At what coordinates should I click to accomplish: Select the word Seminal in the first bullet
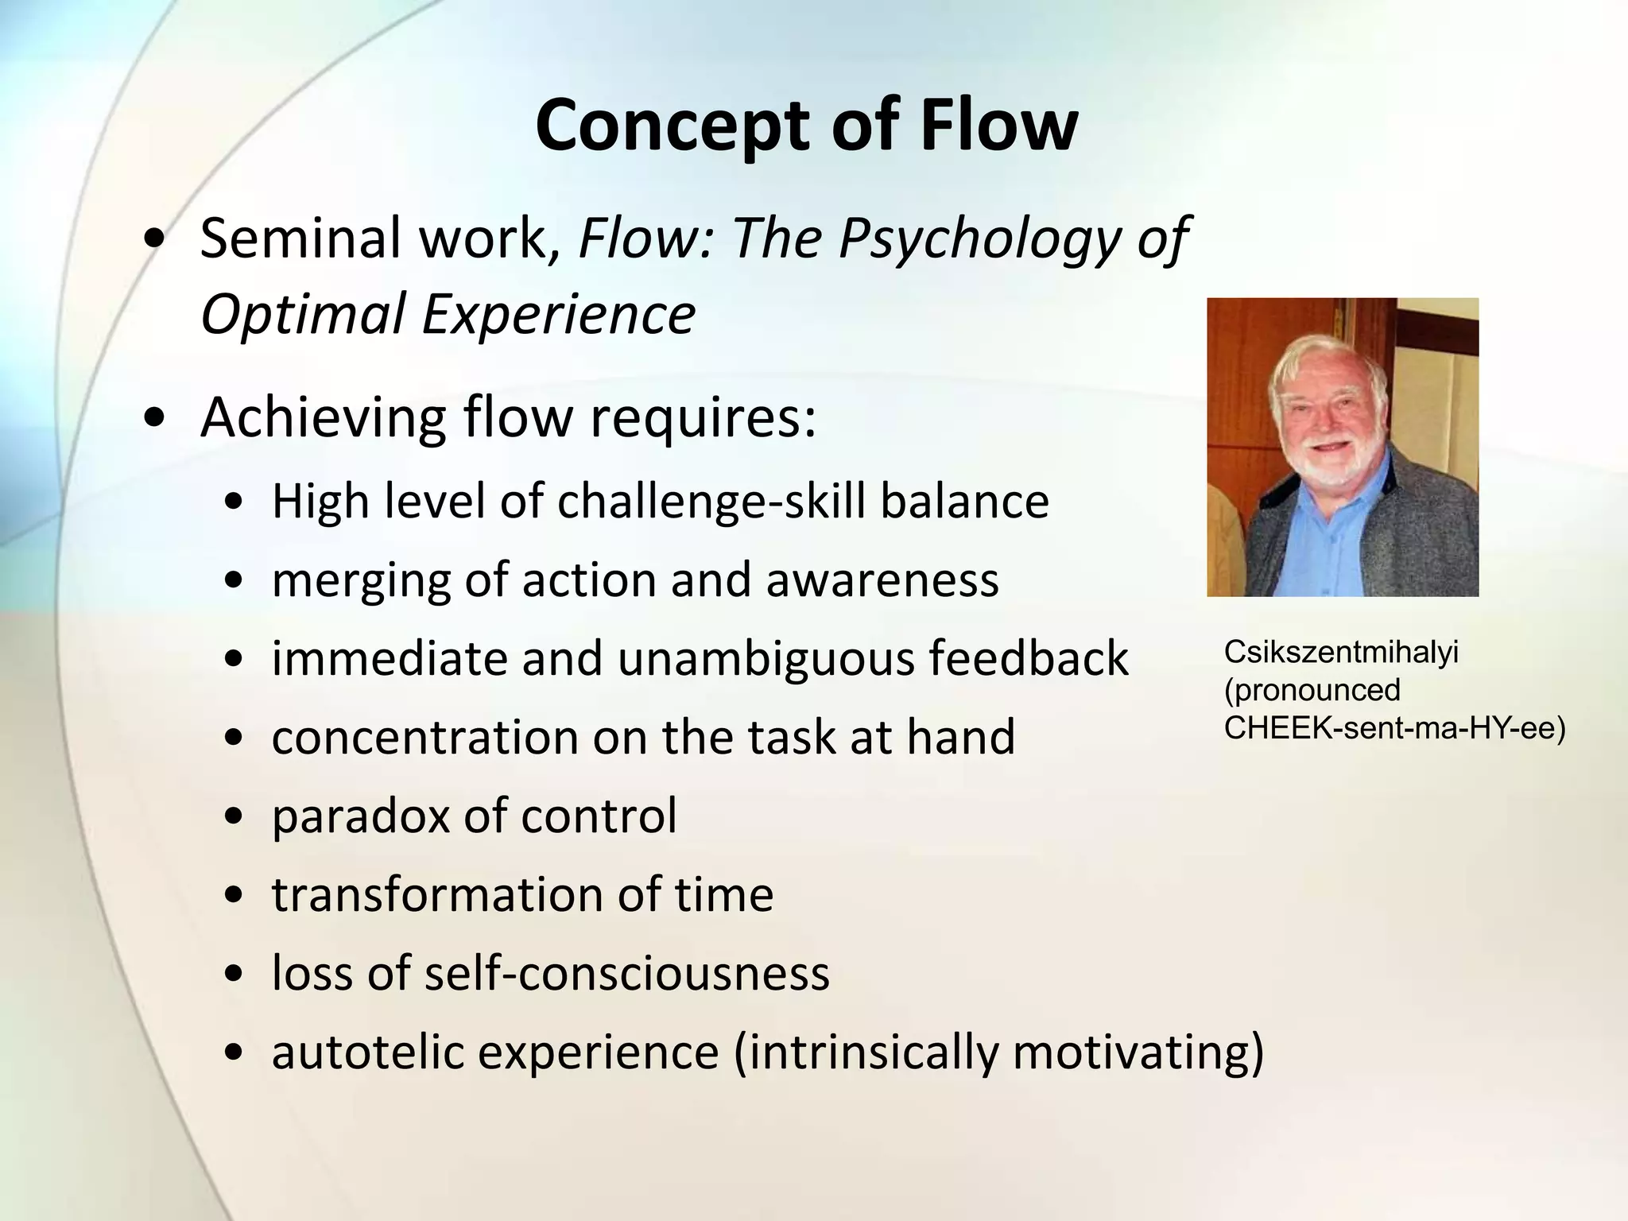coord(301,238)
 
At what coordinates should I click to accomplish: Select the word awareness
coord(882,580)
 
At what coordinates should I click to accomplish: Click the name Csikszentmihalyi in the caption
coord(1341,653)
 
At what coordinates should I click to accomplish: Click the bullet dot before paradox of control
coord(234,818)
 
